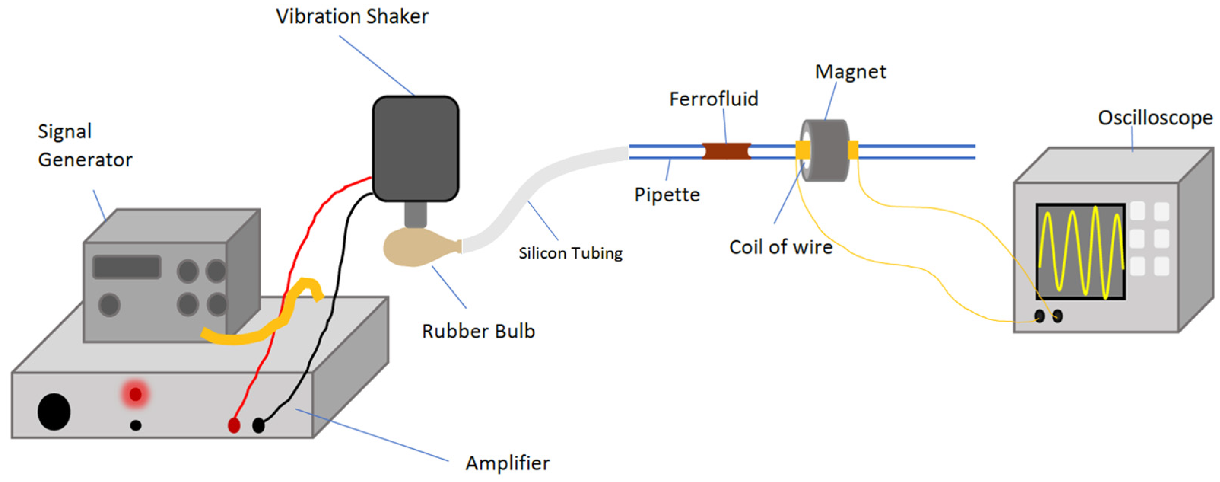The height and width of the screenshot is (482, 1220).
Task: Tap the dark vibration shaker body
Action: click(415, 149)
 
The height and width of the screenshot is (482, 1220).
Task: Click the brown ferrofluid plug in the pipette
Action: click(726, 151)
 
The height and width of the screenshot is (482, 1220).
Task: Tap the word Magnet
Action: click(850, 72)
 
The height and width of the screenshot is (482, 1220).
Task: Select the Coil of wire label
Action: click(780, 247)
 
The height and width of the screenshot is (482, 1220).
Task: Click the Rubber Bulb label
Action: click(478, 331)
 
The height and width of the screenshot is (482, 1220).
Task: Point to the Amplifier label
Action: click(507, 463)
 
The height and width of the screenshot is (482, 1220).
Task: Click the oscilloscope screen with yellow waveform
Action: click(1080, 252)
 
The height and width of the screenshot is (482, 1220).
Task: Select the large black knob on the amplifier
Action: click(54, 412)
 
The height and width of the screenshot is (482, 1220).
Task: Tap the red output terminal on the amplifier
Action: click(234, 425)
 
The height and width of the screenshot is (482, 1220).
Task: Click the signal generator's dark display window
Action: click(127, 267)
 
